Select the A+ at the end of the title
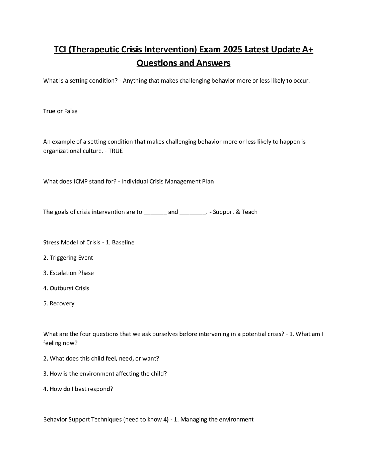pyautogui.click(x=308, y=50)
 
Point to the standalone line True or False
pyautogui.click(x=60, y=111)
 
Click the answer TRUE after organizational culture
pyautogui.click(x=116, y=151)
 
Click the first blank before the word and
pyautogui.click(x=155, y=212)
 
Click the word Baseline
pyautogui.click(x=123, y=242)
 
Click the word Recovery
pyautogui.click(x=62, y=303)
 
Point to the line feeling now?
pyautogui.click(x=60, y=343)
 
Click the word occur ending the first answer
pyautogui.click(x=301, y=81)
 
